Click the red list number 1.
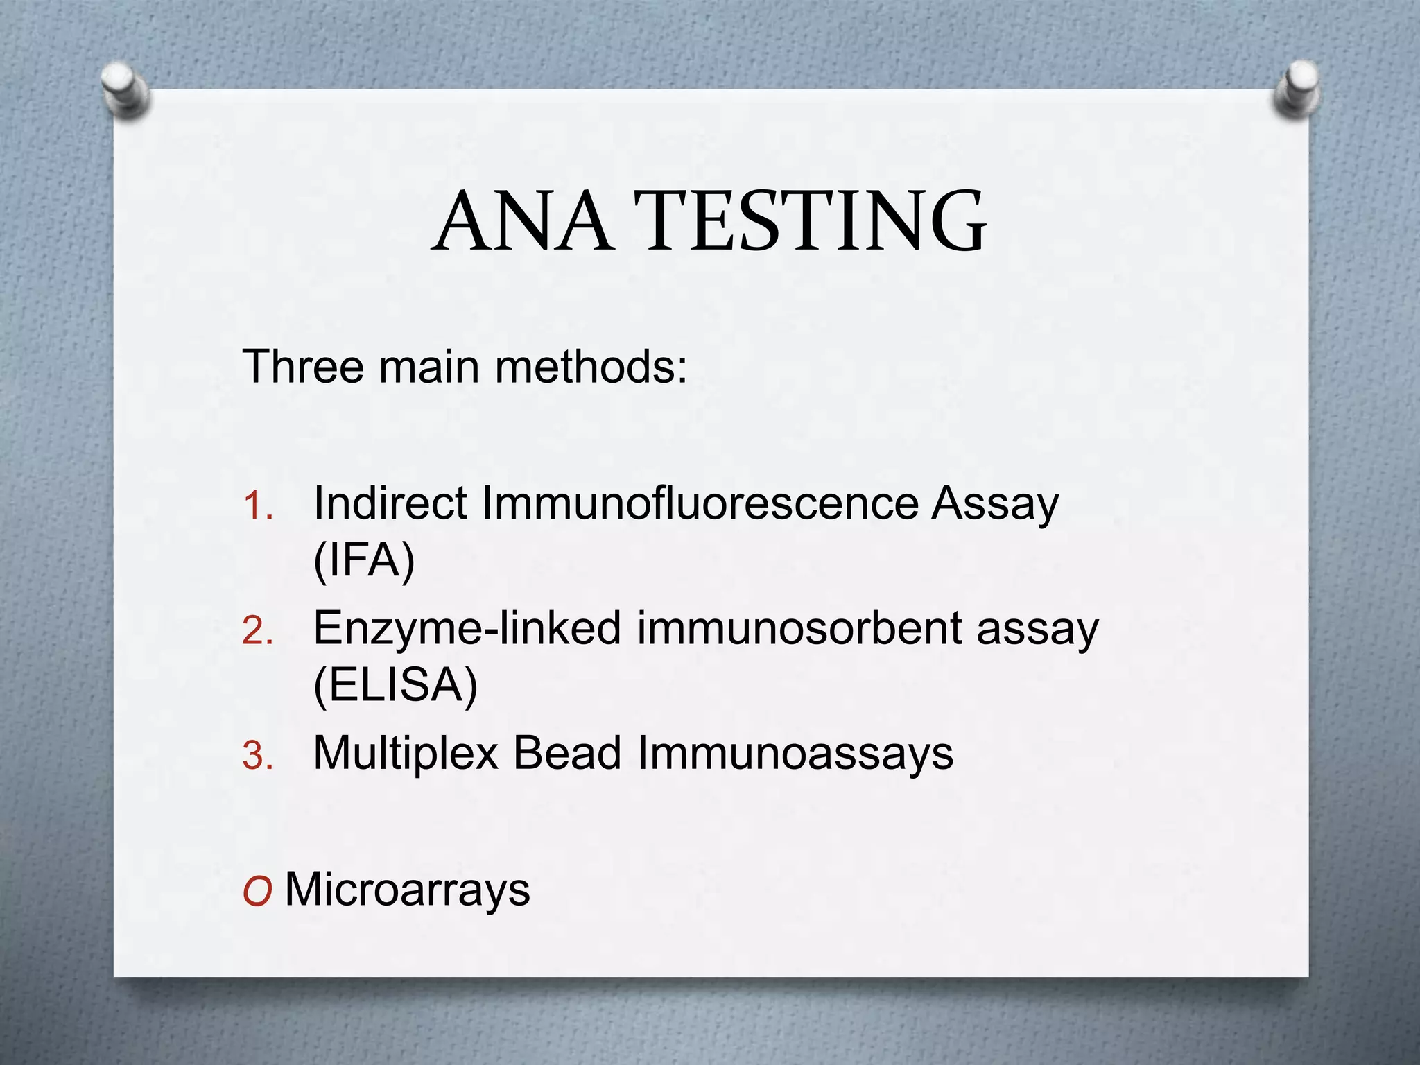click(x=257, y=506)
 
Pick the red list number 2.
click(x=257, y=632)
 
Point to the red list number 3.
click(x=257, y=756)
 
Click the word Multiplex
click(x=406, y=753)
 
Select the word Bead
click(x=566, y=753)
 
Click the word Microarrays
click(x=408, y=889)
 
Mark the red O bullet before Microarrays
click(x=257, y=891)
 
